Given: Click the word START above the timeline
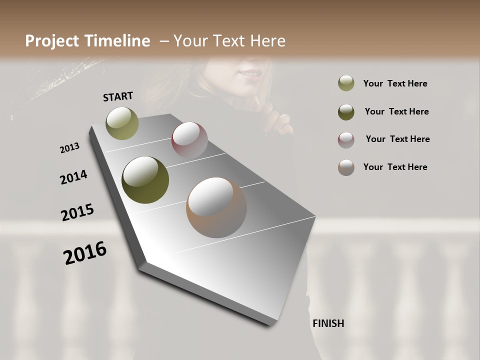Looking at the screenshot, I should [x=118, y=96].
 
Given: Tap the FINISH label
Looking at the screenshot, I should [x=328, y=323].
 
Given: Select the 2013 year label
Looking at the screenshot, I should [x=69, y=148].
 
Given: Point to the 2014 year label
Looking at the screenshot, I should [x=73, y=177].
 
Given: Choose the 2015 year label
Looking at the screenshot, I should [x=77, y=213].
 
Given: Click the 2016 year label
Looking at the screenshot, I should [x=85, y=253].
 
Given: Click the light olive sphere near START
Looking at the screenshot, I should [x=122, y=123].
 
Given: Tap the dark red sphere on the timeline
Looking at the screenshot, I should [x=189, y=140].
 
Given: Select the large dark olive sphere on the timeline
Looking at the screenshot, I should [x=145, y=180].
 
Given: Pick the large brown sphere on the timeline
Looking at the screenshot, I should [x=216, y=207].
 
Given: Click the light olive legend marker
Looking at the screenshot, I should [x=346, y=83].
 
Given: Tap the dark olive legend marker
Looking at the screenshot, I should [x=346, y=111].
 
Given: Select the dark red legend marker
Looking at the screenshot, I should [x=346, y=139].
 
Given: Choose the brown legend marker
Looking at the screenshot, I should [x=346, y=167].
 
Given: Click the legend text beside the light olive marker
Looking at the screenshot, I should [x=395, y=83].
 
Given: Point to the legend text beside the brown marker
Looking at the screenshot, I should [x=395, y=167].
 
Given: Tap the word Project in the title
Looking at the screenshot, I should [x=52, y=41].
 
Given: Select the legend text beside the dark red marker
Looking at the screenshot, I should [x=397, y=139].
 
